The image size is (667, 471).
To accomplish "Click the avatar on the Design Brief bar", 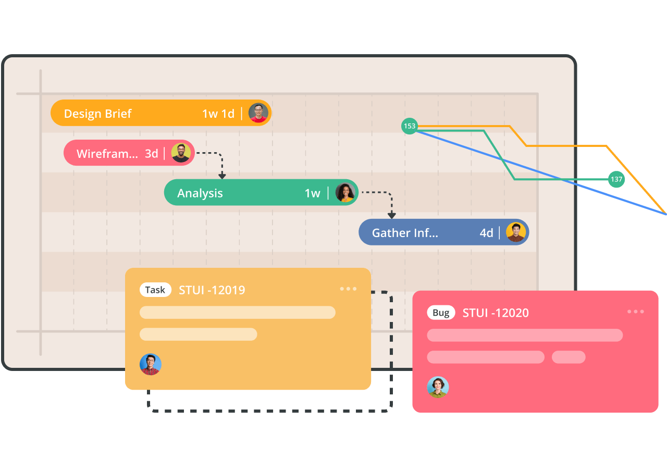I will coord(258,113).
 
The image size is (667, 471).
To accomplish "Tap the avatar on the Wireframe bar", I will coord(181,153).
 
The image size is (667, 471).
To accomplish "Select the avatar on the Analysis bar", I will coord(345,193).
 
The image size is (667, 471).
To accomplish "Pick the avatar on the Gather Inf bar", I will coord(516,232).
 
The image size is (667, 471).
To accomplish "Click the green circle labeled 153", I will coord(410,126).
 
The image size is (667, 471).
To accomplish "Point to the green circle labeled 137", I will coord(616,179).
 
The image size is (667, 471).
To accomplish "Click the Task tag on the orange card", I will coord(155,290).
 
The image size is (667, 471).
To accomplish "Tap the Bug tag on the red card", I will coord(441,313).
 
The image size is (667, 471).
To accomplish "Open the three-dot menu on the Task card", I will coord(348,289).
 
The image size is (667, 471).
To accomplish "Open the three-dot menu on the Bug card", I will coord(635,312).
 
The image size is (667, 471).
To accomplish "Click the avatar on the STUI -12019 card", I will coord(151,365).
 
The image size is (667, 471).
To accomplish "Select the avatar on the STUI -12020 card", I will coord(438,387).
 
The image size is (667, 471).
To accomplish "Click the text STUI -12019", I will coord(212,290).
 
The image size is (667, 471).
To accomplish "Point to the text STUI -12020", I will coord(496,313).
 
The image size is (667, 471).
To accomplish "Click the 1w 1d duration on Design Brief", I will coord(218,114).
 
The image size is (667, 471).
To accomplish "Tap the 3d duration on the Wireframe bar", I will coord(152,154).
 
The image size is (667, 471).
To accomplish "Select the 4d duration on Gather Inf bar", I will coord(486,233).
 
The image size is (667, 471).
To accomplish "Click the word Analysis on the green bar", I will coord(200,193).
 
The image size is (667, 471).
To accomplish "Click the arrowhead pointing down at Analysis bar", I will coord(222,176).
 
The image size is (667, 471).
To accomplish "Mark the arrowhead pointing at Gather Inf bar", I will coord(391,215).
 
